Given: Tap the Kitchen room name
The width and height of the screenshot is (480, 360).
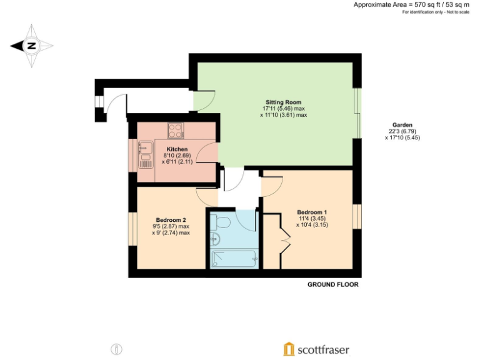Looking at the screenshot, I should click(176, 149).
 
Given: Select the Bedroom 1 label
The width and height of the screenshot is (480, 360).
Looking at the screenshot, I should click(312, 211).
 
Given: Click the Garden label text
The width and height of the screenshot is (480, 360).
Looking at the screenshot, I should click(402, 124).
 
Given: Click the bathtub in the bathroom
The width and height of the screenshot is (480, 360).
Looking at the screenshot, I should click(233, 258).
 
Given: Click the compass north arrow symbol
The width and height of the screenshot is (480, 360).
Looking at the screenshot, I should click(31, 45).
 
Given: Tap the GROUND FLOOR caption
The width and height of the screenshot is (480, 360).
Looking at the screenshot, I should click(332, 284).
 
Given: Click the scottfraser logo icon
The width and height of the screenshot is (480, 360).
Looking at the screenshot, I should click(289, 349).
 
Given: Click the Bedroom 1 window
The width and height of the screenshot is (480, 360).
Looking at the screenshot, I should click(356, 217).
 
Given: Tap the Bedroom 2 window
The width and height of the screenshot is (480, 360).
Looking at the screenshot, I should click(132, 229).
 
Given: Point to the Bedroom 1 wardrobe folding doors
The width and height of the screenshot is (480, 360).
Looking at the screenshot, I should click(285, 240).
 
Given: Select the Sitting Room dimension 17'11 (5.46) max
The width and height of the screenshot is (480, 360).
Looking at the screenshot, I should click(284, 108).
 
